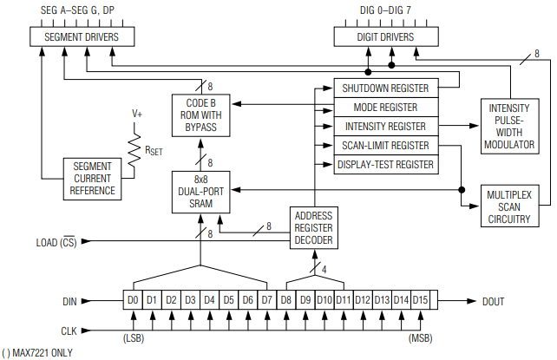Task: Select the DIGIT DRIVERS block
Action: [x=386, y=37]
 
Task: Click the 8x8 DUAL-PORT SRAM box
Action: [x=200, y=192]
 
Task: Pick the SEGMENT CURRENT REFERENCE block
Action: [x=93, y=178]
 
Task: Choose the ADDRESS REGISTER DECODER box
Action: [x=313, y=228]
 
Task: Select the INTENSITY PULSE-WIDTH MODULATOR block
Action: [x=509, y=126]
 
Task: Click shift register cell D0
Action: [x=132, y=300]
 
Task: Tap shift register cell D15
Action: [x=421, y=300]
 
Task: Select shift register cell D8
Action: [x=286, y=300]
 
